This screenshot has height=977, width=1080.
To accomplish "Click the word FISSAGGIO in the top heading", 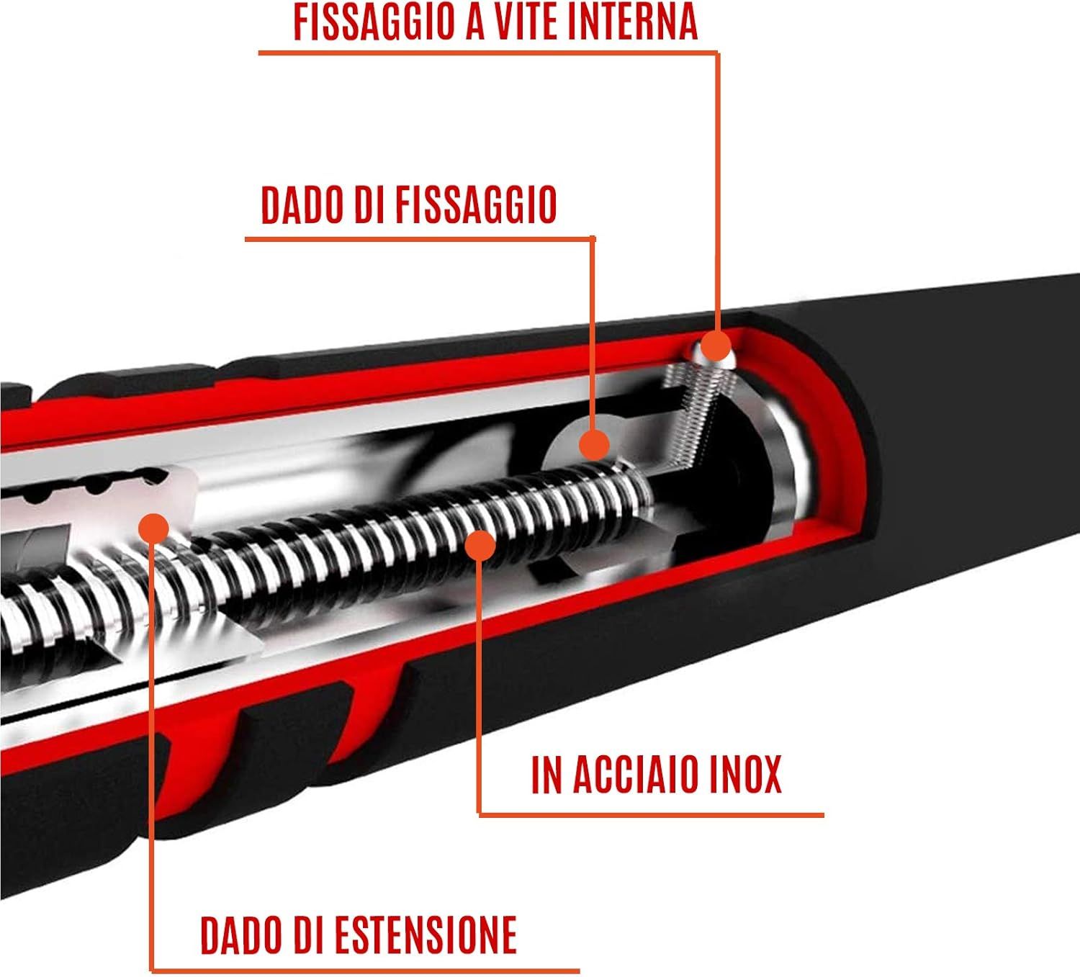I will coord(373,21).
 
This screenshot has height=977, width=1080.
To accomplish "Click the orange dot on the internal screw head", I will coord(715,346).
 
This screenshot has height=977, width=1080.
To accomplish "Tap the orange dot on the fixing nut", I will coord(594,445).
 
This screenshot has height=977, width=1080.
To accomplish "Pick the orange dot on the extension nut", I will coord(152,528).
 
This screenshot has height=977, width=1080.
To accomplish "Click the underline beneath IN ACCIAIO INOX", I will coord(652,815).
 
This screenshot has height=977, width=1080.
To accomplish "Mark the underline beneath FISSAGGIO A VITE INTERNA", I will coord(490,53).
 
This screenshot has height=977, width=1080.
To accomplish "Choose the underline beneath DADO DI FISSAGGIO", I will coord(418,238).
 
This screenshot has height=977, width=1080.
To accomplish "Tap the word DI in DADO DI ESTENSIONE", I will coord(310,935).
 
